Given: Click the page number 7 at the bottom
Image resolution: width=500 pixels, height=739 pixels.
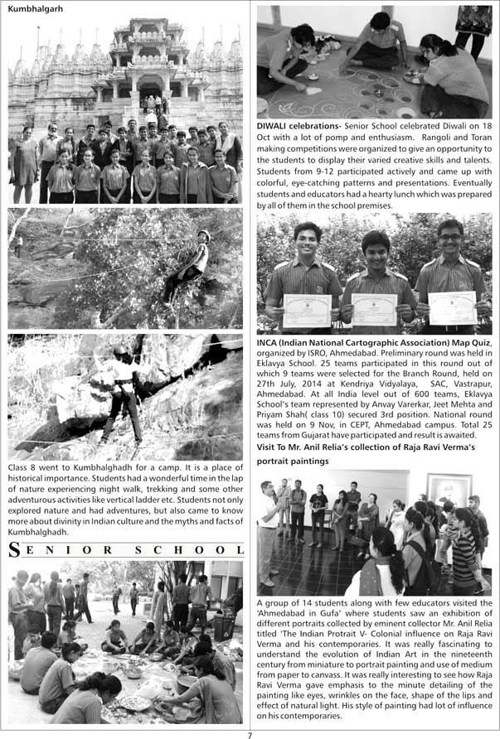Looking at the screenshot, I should tap(249, 733).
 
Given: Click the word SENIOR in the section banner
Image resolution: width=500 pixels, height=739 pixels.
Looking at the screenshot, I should tap(67, 550).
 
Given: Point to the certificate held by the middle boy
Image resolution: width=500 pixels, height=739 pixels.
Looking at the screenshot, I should tap(374, 309).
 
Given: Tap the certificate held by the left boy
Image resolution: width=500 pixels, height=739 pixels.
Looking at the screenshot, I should tap(307, 311).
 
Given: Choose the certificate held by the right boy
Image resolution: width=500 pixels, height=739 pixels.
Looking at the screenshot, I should tap(452, 307).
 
